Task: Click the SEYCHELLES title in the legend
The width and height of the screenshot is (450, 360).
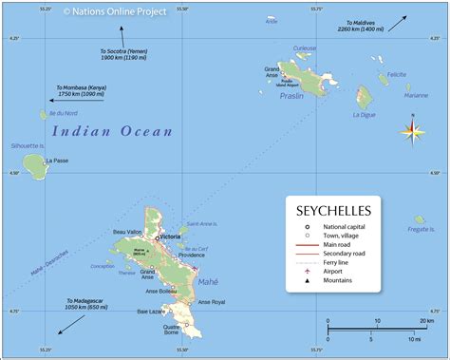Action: click(x=333, y=210)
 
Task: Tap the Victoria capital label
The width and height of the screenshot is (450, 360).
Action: click(x=171, y=237)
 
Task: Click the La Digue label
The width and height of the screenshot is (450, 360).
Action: click(x=364, y=115)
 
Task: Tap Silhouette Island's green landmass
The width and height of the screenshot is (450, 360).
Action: click(x=34, y=166)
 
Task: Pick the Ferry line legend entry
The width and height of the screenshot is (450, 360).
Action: click(x=339, y=262)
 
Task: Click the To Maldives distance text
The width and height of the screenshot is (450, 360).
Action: click(x=363, y=26)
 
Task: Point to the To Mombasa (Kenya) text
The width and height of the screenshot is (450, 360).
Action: click(x=83, y=90)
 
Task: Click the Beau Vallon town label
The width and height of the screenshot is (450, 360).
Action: click(x=127, y=232)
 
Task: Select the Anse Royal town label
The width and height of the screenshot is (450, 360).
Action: click(x=211, y=302)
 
